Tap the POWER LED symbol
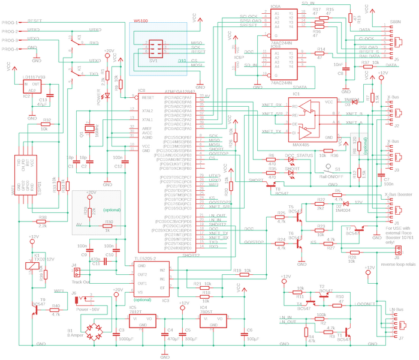pos(107,96)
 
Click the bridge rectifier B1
pos(94,329)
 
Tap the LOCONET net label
pos(365,304)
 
